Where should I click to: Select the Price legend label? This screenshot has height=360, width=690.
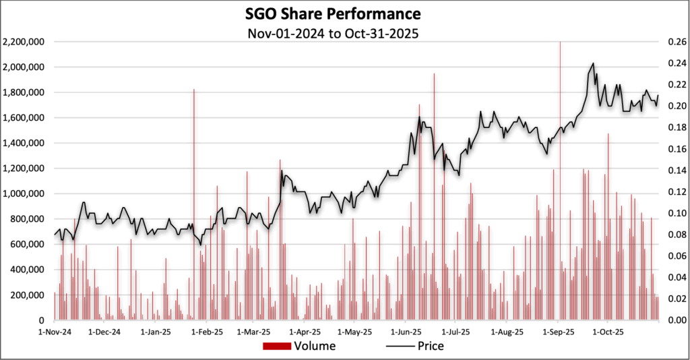tap(431, 347)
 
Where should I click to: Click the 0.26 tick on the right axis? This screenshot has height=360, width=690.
tap(677, 42)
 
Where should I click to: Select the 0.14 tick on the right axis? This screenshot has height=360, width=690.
tap(677, 171)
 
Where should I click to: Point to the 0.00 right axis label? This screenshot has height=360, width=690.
tap(677, 320)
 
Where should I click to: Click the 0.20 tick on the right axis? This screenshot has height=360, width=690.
tap(677, 106)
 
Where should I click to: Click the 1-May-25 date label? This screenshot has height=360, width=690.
tap(355, 332)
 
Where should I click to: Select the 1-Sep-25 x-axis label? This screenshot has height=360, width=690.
tap(557, 332)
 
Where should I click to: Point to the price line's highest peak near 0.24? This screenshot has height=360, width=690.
tap(592, 64)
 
